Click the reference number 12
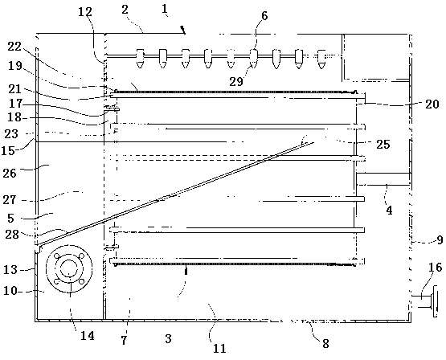[85, 12]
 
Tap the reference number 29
[236, 82]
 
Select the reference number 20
[432, 104]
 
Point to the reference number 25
[383, 145]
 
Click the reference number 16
[435, 268]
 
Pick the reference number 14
[87, 336]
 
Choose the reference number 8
[326, 344]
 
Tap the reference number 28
[12, 235]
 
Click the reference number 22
[14, 47]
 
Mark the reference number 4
[389, 211]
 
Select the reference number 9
[440, 240]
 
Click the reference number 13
[10, 269]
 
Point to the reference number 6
[264, 16]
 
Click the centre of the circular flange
[69, 268]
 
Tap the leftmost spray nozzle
[140, 59]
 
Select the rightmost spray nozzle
[321, 59]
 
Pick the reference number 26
[10, 173]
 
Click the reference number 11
[219, 348]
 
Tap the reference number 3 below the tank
[169, 338]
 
